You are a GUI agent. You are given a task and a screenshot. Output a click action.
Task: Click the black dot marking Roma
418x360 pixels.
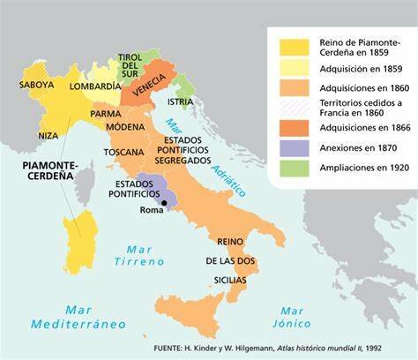coord(163,202)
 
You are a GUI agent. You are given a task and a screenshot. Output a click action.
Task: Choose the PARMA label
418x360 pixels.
coord(105,114)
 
